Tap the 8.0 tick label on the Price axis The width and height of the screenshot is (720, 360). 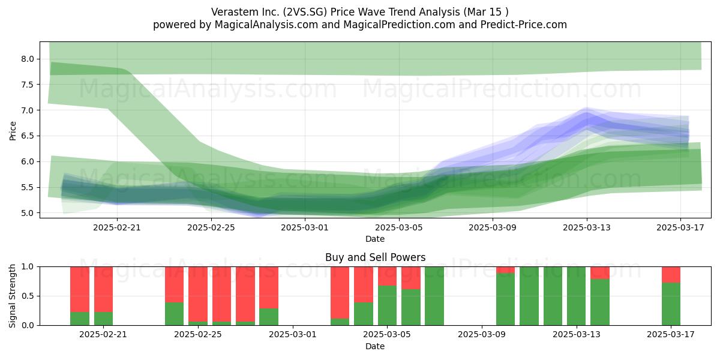click(x=28, y=59)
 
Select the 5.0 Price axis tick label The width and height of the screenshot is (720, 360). click(x=28, y=213)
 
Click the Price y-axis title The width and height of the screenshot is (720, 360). click(x=13, y=131)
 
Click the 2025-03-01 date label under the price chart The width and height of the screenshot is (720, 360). click(x=305, y=227)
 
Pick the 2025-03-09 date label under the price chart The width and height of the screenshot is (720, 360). click(x=493, y=227)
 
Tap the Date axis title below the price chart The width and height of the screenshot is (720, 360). click(x=375, y=239)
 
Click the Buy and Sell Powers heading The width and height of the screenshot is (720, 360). click(x=375, y=257)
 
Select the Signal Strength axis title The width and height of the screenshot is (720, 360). click(x=12, y=296)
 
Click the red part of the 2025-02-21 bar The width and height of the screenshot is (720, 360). click(x=103, y=289)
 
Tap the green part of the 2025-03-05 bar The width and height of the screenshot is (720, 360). click(x=387, y=305)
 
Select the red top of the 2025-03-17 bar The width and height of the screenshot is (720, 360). click(x=671, y=275)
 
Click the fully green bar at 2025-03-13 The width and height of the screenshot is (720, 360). click(x=576, y=296)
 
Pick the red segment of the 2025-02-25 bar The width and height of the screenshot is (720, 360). click(x=197, y=294)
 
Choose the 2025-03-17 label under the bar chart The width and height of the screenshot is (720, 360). click(x=671, y=335)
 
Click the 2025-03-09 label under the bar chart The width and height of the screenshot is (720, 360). click(x=481, y=335)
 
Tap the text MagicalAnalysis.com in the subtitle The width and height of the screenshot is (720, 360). click(x=266, y=25)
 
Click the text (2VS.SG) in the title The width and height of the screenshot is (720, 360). click(x=305, y=12)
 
